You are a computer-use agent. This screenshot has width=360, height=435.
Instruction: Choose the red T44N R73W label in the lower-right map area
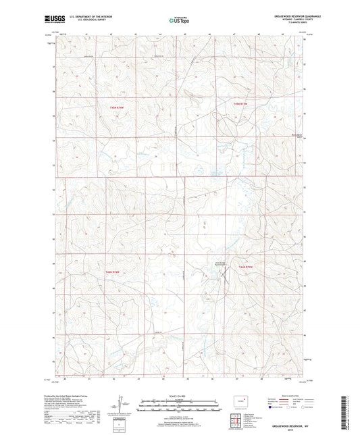pyautogui.click(x=247, y=267)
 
